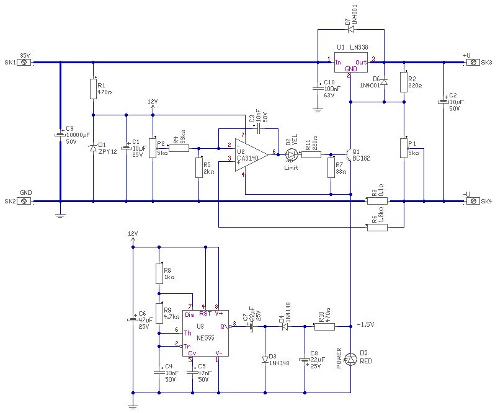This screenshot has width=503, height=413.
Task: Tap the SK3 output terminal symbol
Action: coord(474,62)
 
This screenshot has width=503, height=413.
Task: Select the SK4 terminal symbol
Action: coord(474,201)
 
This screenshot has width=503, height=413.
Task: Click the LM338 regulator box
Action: coord(352,62)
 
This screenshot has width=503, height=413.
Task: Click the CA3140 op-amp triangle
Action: coord(250,153)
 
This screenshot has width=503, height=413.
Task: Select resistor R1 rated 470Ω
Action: coord(93,87)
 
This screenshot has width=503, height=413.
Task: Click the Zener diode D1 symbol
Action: coord(93,148)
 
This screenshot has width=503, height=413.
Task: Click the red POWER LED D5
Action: coord(351,359)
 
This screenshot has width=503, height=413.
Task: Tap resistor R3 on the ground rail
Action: coord(377,201)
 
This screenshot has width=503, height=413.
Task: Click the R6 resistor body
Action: coord(377,228)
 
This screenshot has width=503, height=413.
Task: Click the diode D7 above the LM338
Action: coord(350,29)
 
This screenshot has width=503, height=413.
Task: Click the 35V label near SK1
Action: coord(25,55)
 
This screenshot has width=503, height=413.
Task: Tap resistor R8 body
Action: coord(159,273)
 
